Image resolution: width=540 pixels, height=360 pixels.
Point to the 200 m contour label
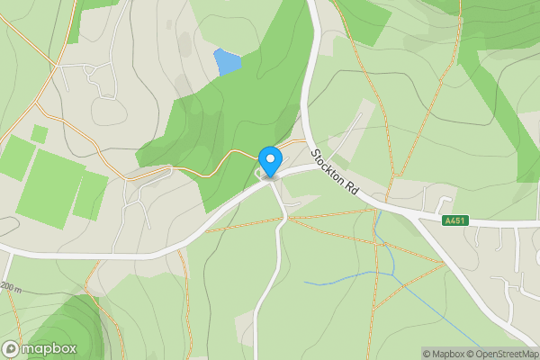10,287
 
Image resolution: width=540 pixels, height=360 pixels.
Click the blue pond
227,62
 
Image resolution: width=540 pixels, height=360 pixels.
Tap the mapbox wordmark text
49,348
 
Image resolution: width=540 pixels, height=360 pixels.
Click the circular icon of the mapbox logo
11,348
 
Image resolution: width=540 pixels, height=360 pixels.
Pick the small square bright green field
39,134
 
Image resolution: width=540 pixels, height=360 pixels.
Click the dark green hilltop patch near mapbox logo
72,324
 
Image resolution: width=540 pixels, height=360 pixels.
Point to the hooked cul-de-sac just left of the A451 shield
443,198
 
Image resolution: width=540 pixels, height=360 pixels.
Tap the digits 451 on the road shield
460,220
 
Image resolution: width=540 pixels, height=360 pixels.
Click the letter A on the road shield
448,220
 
